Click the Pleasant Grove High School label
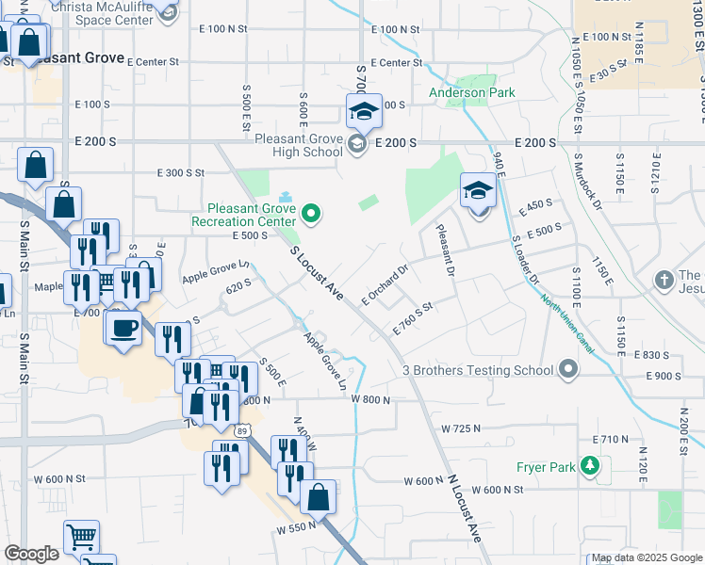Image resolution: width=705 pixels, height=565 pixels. click(299, 145)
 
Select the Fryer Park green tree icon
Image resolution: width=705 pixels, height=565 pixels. click(590, 466)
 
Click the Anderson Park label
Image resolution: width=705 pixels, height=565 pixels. click(471, 92)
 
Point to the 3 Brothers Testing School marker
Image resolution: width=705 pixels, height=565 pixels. click(567, 370)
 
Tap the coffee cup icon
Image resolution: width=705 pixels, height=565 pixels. click(123, 329)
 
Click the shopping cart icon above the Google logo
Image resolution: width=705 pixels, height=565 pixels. click(81, 538)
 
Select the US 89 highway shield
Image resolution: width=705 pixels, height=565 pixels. click(244, 430)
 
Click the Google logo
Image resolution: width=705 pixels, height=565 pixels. click(31, 554)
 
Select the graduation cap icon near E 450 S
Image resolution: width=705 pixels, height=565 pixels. click(478, 191)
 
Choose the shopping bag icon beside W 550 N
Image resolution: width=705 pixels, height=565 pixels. click(320, 497)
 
